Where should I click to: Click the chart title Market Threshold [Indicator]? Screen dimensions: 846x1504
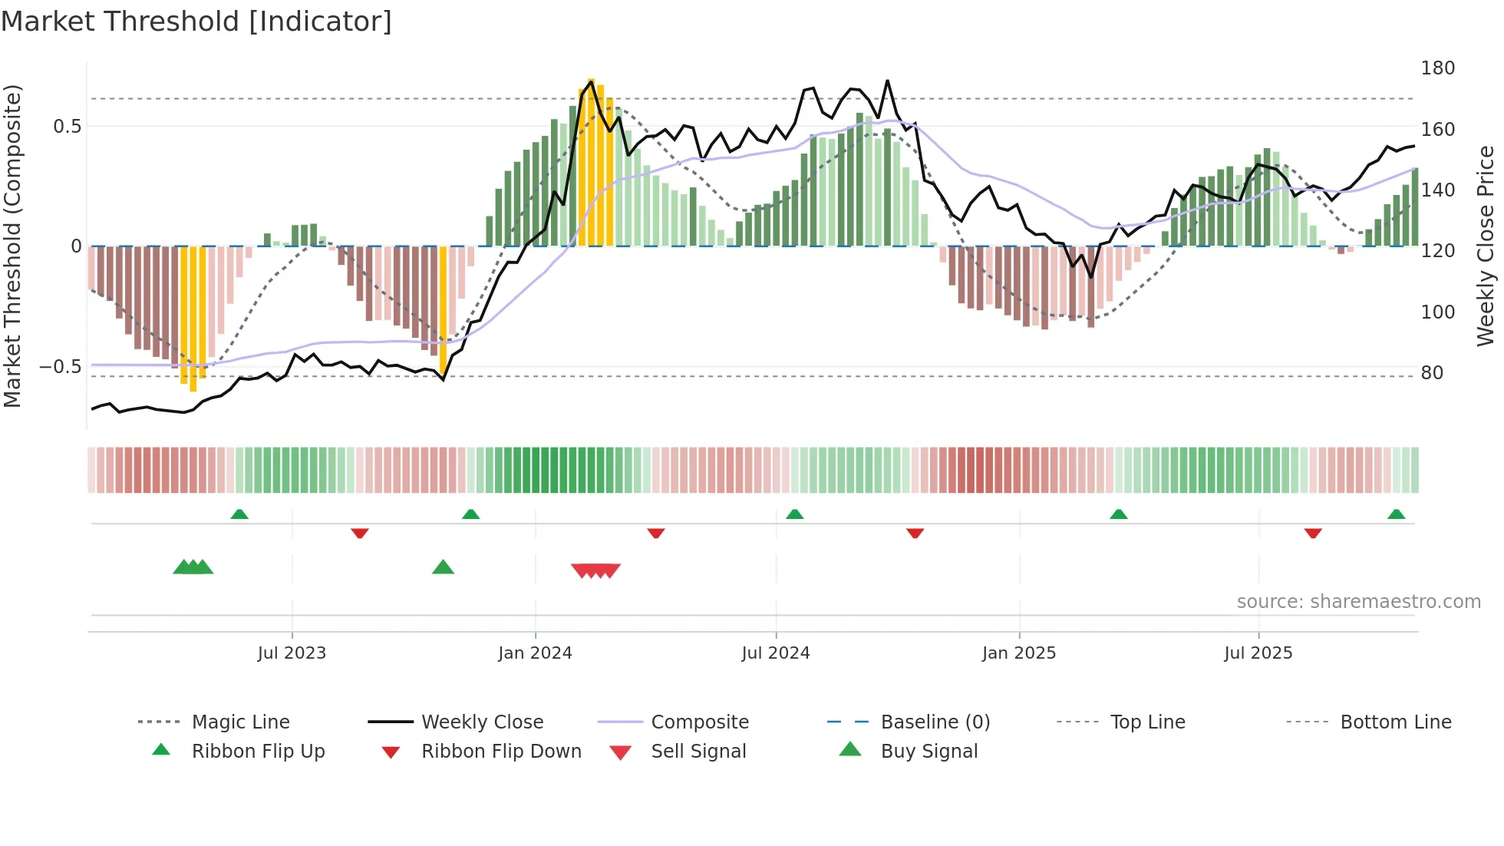pos(196,21)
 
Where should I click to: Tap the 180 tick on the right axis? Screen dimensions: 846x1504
pos(1437,68)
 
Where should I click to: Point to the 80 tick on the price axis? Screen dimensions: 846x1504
pos(1432,373)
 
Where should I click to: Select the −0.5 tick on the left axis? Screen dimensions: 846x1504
pos(60,367)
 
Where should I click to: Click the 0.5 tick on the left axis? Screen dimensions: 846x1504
pos(67,127)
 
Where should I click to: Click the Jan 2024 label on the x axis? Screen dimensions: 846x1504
pos(535,653)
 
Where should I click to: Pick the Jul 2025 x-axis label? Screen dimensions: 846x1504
pos(1258,653)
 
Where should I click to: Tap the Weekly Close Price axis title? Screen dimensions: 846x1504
pos(1486,246)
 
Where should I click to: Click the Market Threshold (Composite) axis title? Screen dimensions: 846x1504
pos(12,246)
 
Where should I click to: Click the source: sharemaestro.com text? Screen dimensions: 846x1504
pos(1358,602)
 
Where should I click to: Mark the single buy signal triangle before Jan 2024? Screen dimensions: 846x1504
pos(443,568)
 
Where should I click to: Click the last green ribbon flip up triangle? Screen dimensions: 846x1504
pos(1396,514)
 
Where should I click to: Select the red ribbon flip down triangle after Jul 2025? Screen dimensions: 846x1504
pos(1313,533)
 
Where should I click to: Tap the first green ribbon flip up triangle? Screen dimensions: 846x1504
pos(239,514)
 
